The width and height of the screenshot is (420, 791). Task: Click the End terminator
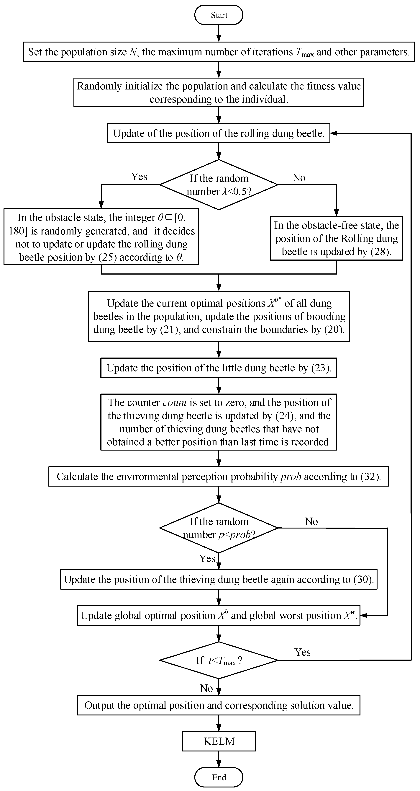coord(219,777)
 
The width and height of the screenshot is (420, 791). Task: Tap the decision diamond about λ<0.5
coord(219,185)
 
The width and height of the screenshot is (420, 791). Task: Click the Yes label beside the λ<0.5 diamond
coord(139,177)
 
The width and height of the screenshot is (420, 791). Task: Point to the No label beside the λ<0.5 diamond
coord(299,177)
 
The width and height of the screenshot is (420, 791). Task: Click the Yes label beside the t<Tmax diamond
coord(303,652)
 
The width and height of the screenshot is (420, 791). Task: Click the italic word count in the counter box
coord(175,403)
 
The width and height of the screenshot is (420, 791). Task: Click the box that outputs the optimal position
coord(219,705)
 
